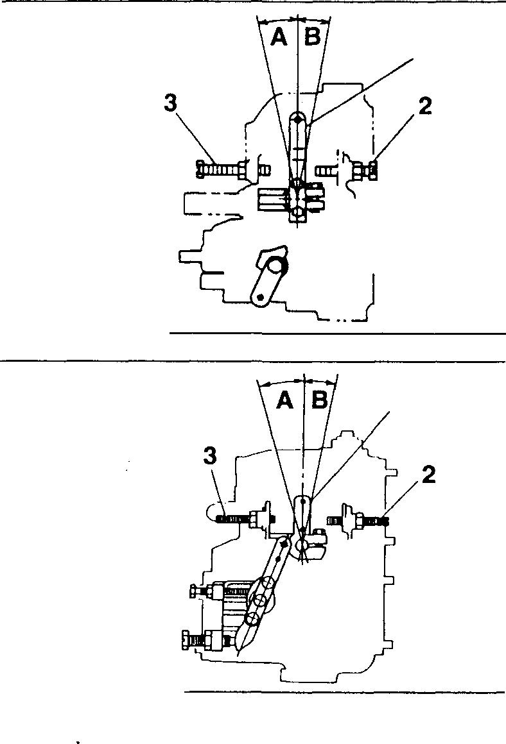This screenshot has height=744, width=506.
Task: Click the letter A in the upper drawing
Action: (x=279, y=38)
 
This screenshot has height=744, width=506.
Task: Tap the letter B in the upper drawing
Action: (x=312, y=38)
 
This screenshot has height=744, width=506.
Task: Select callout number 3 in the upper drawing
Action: (x=170, y=104)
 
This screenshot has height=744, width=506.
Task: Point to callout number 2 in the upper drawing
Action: (x=425, y=106)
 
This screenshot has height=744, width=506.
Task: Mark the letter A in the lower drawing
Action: (x=285, y=401)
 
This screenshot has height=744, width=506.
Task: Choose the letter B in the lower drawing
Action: (x=319, y=401)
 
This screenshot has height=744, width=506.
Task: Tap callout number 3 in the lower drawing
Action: (x=209, y=457)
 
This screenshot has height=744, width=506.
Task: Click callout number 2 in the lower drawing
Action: (x=429, y=475)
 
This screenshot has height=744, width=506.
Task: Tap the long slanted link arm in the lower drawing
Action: (x=270, y=577)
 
